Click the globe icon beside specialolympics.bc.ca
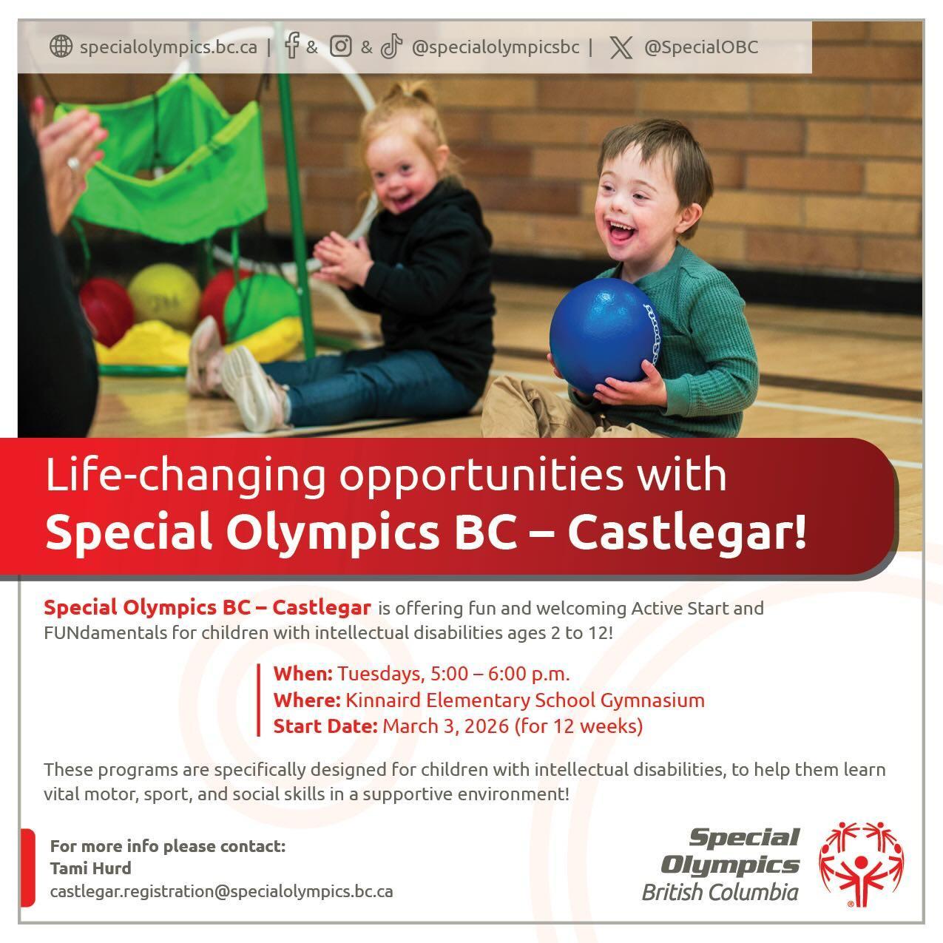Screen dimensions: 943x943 pos(61,47)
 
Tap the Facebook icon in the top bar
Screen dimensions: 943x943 pos(291,46)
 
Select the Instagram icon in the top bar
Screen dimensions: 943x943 pos(341,47)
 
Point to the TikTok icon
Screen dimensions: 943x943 pos(391,47)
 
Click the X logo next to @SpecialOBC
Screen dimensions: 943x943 pos(621,48)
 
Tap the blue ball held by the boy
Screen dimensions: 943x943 pos(604,337)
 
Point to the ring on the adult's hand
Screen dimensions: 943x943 pos(74,163)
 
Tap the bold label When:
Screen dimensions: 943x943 pos(303,674)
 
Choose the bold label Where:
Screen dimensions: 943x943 pos(307,700)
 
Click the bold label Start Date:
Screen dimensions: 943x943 pos(325,726)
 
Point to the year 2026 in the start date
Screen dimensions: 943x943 pos(487,726)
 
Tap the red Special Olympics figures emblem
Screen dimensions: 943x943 pos(862,864)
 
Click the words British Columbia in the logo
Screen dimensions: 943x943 pos(720,892)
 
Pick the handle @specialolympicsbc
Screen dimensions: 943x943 pos(496,47)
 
